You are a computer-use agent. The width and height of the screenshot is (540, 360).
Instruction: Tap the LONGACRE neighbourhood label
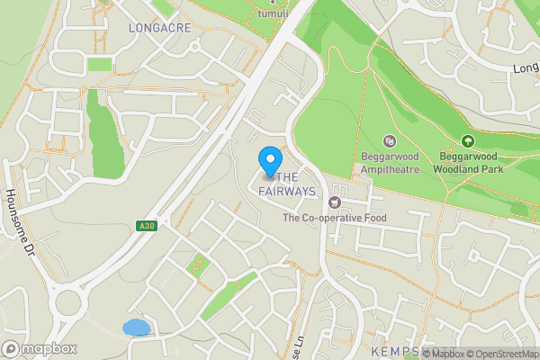[160, 28]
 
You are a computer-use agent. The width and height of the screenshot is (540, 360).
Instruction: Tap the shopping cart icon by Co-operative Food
[336, 202]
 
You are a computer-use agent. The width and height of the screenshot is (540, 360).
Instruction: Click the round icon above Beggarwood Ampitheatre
[389, 141]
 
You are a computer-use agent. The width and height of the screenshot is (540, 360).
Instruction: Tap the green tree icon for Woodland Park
[467, 141]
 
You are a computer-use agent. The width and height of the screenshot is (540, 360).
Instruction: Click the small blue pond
[136, 327]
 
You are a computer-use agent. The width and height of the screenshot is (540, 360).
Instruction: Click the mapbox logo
[40, 348]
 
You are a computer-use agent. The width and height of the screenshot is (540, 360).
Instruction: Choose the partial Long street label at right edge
[526, 67]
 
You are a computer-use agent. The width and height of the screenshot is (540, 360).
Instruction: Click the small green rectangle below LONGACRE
[100, 65]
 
